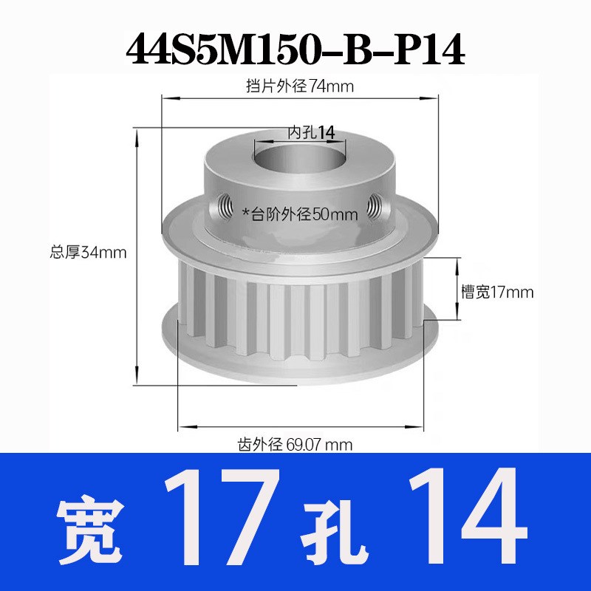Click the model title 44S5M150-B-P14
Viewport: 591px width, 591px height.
point(295,49)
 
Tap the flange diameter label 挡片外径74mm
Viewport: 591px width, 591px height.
point(300,86)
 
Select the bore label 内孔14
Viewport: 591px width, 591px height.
point(311,132)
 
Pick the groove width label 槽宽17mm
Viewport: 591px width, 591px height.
point(496,292)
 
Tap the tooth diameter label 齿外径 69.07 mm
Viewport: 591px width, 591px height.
point(294,445)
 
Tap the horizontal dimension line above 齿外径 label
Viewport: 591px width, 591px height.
point(304,426)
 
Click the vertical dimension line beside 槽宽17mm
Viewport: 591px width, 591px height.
point(452,292)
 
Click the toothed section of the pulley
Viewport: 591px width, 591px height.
point(295,310)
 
